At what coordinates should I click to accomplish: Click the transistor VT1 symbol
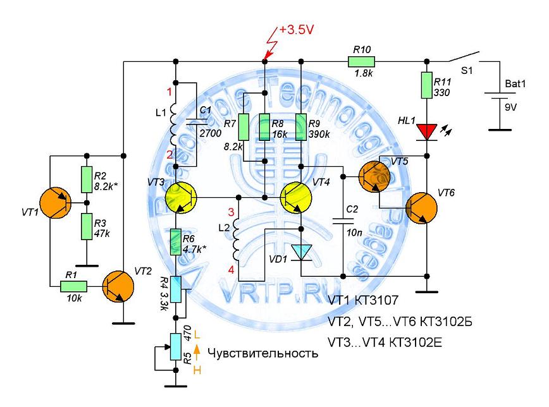point(56,204)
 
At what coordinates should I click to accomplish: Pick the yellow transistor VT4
point(295,198)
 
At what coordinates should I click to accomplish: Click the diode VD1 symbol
point(302,252)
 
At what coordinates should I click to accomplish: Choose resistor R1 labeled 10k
point(73,286)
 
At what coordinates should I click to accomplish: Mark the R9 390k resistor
point(302,126)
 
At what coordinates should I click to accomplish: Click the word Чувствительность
point(262,353)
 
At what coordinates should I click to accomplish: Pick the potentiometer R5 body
point(174,344)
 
